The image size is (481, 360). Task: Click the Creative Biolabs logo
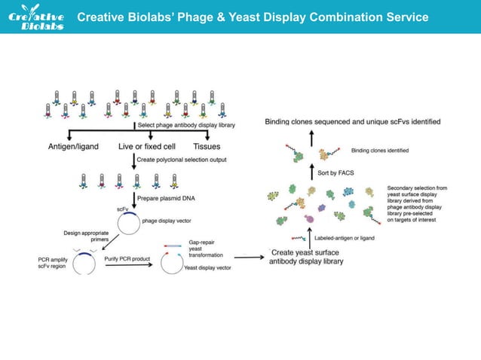40,18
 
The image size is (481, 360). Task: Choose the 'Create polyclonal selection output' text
179,160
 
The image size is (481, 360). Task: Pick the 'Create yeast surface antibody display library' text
308,257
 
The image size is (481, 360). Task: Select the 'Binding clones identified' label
380,151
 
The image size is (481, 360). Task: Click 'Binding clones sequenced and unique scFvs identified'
353,121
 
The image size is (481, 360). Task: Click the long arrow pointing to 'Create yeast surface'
250,258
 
